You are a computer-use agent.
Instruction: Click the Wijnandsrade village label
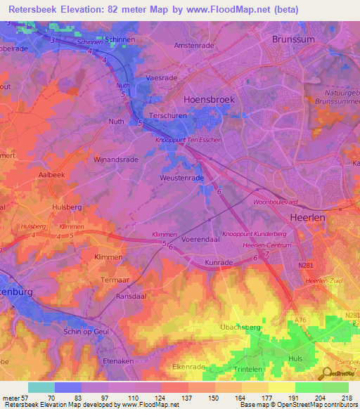coord(115,160)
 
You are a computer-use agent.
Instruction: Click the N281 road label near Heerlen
coord(304,266)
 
